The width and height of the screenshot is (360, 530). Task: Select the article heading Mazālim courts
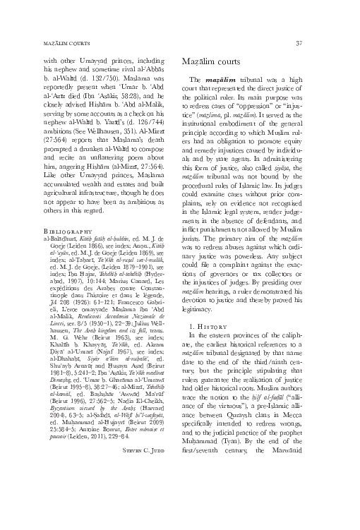tap(220, 63)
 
